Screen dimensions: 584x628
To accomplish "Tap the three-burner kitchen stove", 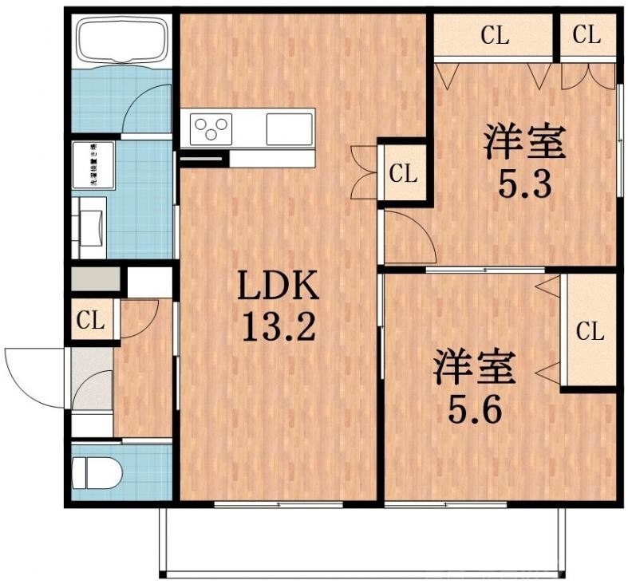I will [x=211, y=128].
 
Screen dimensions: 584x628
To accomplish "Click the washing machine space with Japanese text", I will [x=93, y=165].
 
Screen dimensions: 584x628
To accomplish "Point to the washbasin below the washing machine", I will [x=89, y=227].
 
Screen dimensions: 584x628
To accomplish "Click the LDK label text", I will [x=280, y=286].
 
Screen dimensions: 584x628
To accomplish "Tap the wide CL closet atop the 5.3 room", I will [x=494, y=36].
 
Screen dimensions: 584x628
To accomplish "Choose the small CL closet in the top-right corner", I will [x=587, y=36].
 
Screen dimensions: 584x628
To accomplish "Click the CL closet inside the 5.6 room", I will [x=590, y=331].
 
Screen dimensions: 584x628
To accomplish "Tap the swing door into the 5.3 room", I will [x=409, y=235].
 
